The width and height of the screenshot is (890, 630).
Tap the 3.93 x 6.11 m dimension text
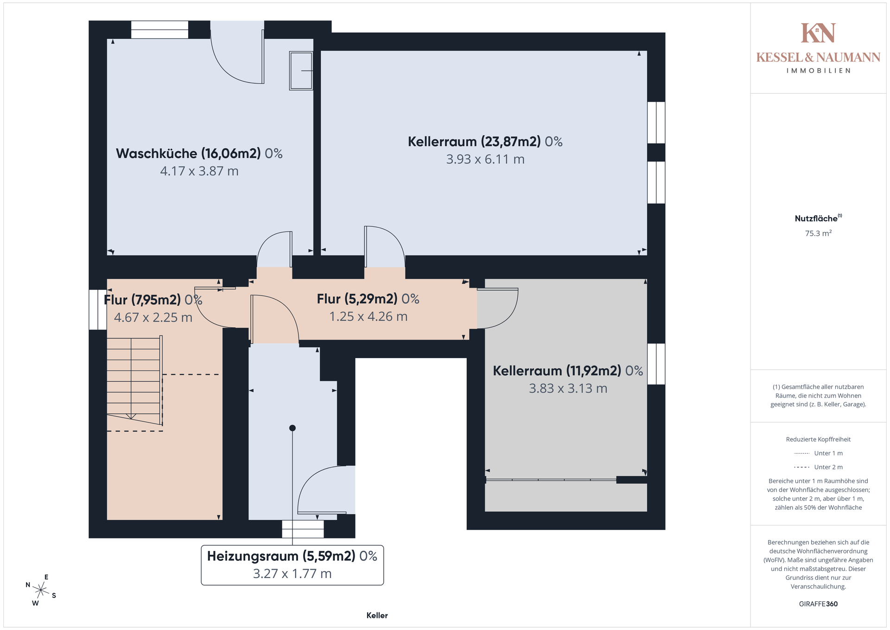tap(485, 159)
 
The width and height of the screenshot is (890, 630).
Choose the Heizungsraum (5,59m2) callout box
tap(292, 565)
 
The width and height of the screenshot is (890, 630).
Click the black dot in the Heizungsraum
tap(292, 428)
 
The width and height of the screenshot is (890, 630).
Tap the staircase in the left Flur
tap(134, 380)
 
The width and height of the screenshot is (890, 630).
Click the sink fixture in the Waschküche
tap(301, 71)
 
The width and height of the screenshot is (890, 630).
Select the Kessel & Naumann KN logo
tap(818, 33)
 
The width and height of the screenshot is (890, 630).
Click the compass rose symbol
tap(41, 590)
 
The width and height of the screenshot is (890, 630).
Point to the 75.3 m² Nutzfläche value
tap(818, 233)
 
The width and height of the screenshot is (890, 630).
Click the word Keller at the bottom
tap(377, 615)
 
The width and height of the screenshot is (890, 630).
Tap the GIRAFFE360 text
tap(818, 604)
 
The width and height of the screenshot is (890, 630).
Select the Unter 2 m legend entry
tap(818, 467)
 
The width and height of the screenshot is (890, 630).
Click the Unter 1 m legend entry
tap(818, 453)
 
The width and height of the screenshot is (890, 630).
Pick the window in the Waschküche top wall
tap(159, 30)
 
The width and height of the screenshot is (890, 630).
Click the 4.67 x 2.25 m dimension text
tap(153, 317)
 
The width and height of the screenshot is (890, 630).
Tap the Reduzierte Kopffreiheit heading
tap(818, 439)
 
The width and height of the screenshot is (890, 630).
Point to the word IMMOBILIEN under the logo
tap(818, 71)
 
